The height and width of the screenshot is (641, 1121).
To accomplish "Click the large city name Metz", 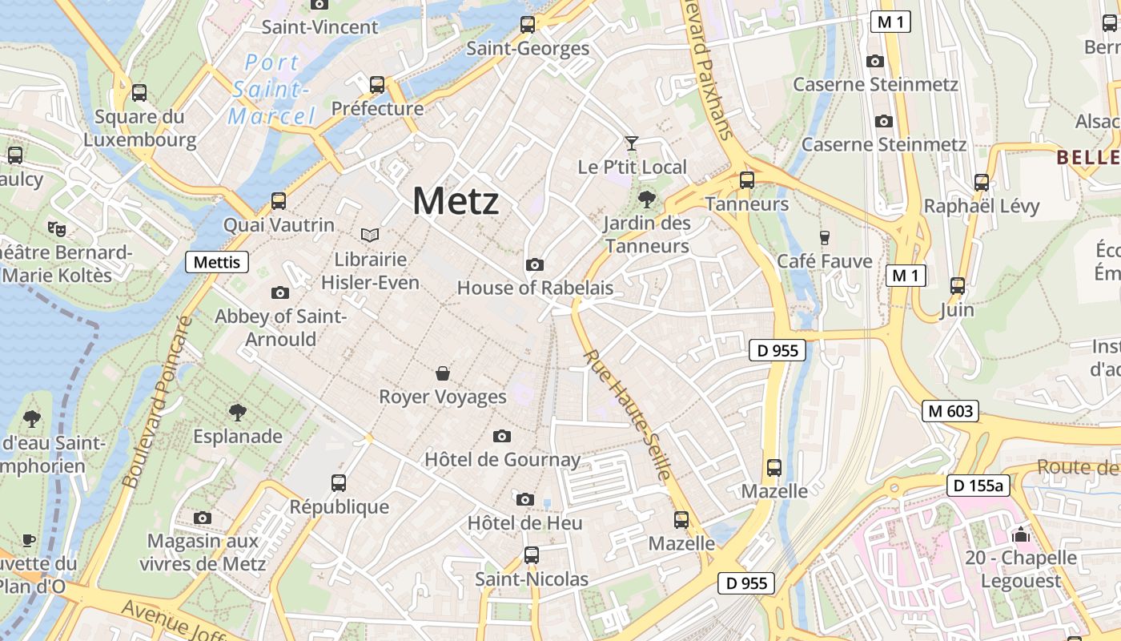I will pyautogui.click(x=456, y=200).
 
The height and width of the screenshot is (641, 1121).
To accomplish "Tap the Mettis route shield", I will pyautogui.click(x=217, y=262).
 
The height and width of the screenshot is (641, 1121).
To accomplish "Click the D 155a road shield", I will pyautogui.click(x=977, y=486).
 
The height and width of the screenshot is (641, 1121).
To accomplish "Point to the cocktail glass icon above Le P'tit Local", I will pyautogui.click(x=632, y=143).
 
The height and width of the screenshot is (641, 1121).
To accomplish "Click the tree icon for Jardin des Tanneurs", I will pyautogui.click(x=646, y=199).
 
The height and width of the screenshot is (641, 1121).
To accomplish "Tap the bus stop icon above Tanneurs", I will pyautogui.click(x=747, y=180).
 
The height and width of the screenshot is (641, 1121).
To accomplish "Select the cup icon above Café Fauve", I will pyautogui.click(x=825, y=237).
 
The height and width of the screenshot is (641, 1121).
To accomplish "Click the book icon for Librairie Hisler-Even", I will pyautogui.click(x=370, y=235).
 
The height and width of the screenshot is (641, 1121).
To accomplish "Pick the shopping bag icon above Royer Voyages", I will pyautogui.click(x=442, y=373).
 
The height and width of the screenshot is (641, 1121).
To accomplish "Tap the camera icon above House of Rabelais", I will pyautogui.click(x=534, y=264).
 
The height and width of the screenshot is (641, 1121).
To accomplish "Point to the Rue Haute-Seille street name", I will pyautogui.click(x=626, y=414).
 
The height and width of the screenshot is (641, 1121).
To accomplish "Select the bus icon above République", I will pyautogui.click(x=339, y=483).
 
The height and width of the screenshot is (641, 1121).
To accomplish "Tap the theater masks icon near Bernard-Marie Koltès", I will pyautogui.click(x=57, y=229).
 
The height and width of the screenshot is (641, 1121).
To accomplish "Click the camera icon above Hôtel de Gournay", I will pyautogui.click(x=502, y=436).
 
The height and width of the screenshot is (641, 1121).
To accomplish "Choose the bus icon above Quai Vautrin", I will pyautogui.click(x=279, y=201).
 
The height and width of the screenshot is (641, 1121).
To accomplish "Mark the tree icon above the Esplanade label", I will pyautogui.click(x=237, y=413).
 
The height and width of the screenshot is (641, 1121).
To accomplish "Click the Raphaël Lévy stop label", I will pyautogui.click(x=981, y=207).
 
